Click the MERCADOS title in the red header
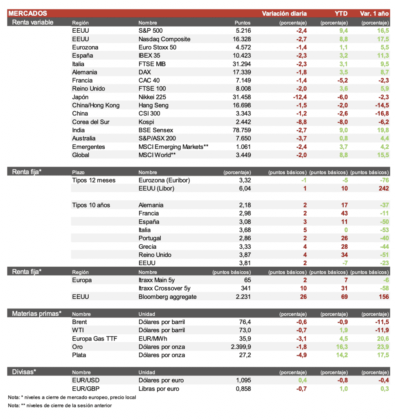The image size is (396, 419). (x=27, y=14)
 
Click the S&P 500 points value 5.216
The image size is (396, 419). (x=243, y=31)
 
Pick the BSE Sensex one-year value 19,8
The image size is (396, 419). (x=383, y=130)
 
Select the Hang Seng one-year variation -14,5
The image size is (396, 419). (x=381, y=105)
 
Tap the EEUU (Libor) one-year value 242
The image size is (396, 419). (x=384, y=189)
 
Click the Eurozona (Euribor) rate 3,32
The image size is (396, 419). (x=244, y=180)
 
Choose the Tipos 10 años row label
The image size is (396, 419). (x=91, y=205)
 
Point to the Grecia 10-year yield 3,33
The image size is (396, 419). (x=244, y=247)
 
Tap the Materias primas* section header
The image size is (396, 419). (x=37, y=313)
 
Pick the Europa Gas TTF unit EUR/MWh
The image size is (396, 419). (x=154, y=339)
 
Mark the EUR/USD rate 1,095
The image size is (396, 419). (x=243, y=381)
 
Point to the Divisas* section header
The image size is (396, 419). (x=24, y=372)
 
